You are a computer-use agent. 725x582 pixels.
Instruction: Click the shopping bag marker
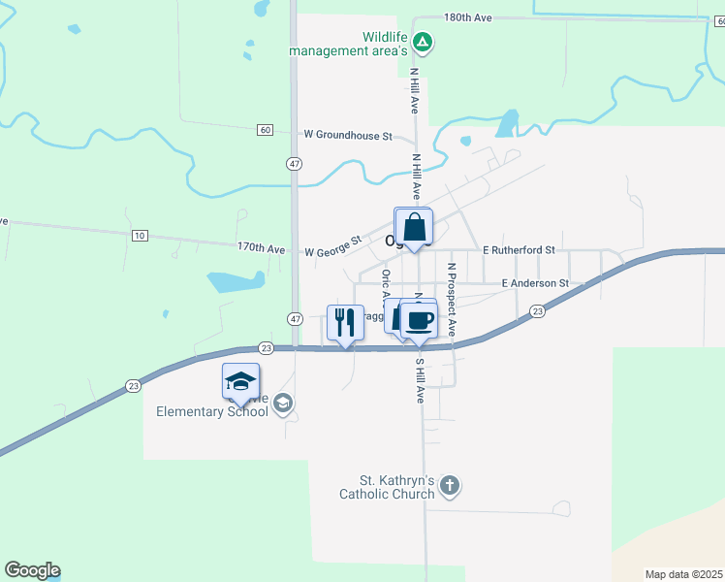click(x=414, y=228)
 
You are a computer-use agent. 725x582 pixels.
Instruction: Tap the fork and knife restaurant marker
click(x=346, y=322)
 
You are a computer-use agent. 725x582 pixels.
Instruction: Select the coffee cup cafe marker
click(x=419, y=320)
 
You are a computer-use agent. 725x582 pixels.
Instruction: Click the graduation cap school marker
click(x=240, y=381)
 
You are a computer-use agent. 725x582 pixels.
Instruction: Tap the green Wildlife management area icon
click(x=423, y=43)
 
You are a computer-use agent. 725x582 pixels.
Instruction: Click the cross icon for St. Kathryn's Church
click(x=449, y=484)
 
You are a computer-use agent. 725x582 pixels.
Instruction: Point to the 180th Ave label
click(x=469, y=17)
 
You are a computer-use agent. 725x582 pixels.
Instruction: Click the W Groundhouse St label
click(x=348, y=136)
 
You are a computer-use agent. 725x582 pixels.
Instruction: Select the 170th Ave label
click(x=262, y=248)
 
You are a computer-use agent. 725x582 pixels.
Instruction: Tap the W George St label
click(x=332, y=246)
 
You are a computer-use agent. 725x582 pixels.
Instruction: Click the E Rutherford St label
click(x=518, y=249)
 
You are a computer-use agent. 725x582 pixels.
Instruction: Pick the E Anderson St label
click(x=534, y=283)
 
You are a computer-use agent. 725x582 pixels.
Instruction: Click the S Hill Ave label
click(x=420, y=381)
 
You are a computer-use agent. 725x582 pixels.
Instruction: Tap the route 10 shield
click(x=140, y=236)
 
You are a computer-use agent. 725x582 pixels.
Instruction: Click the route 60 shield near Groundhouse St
click(x=265, y=130)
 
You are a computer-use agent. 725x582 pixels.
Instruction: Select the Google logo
click(x=32, y=570)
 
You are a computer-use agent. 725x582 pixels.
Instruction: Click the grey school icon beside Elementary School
click(x=283, y=404)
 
